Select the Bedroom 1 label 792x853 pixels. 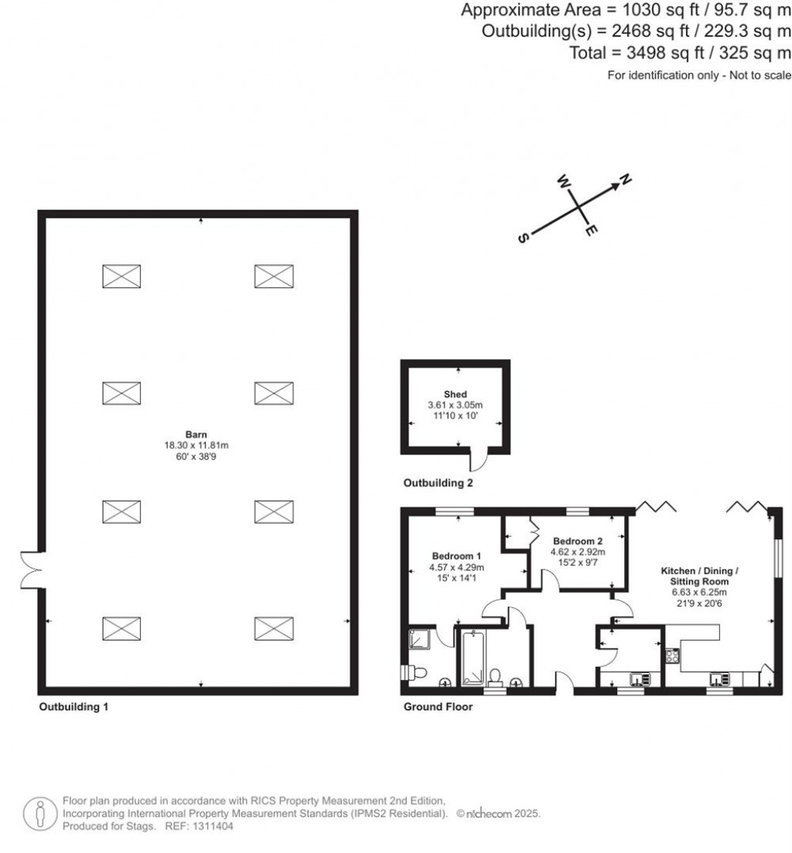[x=456, y=556]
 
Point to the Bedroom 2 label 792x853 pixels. [x=577, y=541]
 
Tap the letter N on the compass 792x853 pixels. [x=626, y=180]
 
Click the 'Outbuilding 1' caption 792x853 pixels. [x=73, y=706]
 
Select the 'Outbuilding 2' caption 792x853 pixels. [x=438, y=484]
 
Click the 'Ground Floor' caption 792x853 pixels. [x=438, y=706]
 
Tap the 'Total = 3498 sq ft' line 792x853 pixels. [x=680, y=53]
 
